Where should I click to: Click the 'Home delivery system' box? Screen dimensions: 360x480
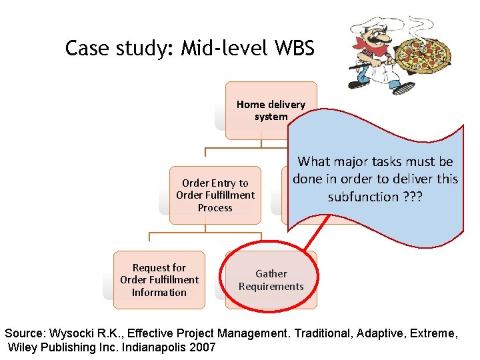click(271, 110)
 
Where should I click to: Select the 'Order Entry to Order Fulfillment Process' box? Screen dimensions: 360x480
click(215, 195)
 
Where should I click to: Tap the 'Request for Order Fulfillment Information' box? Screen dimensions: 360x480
click(159, 280)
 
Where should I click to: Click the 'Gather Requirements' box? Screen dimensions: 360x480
click(271, 280)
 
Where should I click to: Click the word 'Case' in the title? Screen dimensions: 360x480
click(87, 49)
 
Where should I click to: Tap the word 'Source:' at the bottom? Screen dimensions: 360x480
click(27, 332)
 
